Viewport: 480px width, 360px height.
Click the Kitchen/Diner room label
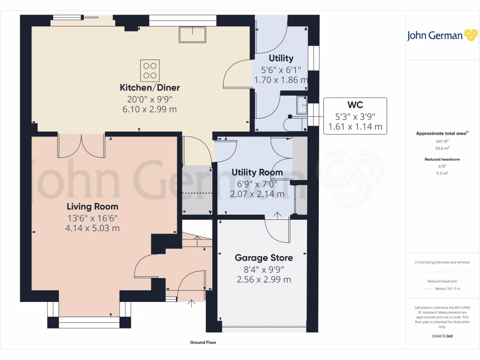[150, 88]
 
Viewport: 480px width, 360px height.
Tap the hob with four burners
[150, 71]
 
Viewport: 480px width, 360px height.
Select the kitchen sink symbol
[192, 35]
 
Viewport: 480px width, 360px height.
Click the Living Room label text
[92, 206]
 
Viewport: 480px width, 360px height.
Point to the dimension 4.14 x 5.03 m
[92, 228]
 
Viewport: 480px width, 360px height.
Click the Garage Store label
[263, 258]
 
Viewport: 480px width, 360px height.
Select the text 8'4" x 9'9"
[263, 269]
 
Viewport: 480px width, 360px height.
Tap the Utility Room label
[257, 172]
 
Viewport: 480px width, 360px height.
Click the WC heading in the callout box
[355, 105]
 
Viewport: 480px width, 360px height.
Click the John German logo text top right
[435, 36]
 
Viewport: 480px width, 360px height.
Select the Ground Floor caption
[203, 343]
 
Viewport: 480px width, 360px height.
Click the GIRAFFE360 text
[442, 336]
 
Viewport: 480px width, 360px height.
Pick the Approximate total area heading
[441, 134]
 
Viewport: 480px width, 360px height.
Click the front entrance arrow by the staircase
[191, 303]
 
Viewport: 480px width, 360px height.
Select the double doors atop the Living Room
[81, 146]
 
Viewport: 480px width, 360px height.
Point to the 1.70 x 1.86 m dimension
[281, 80]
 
